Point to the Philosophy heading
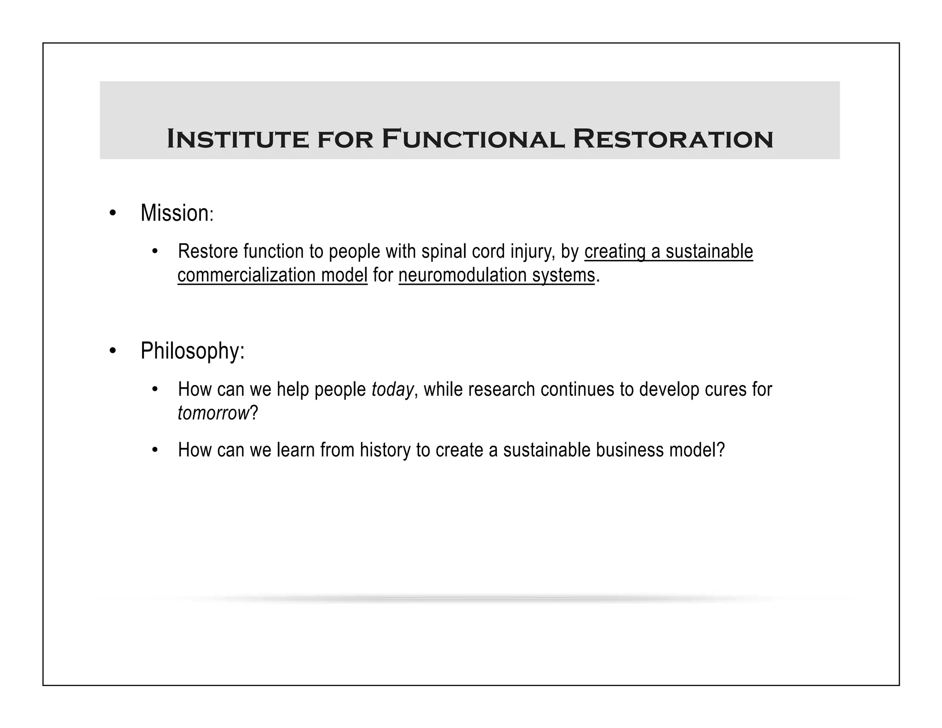[192, 351]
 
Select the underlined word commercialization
[246, 275]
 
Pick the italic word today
[392, 390]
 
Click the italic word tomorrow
[213, 413]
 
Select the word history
[385, 450]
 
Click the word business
[629, 450]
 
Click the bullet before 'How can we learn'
[155, 450]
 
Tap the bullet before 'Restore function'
[155, 252]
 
